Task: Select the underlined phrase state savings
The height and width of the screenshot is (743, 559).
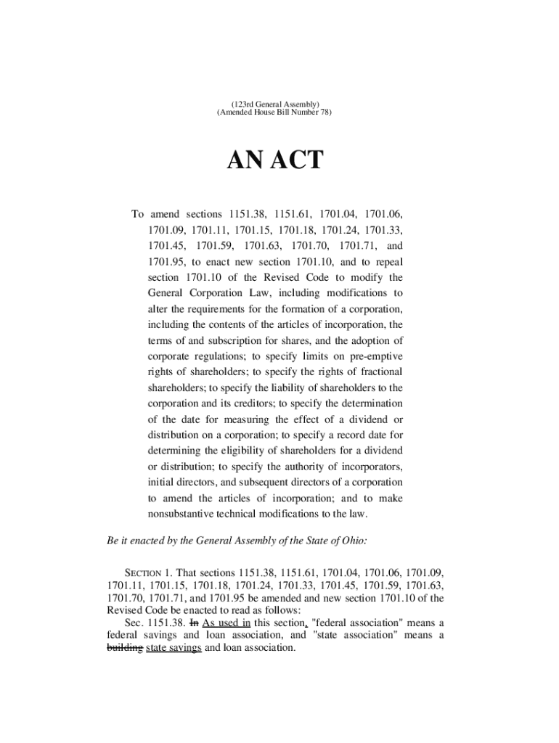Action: (174, 648)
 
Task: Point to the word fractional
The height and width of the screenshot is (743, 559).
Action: (377, 372)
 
